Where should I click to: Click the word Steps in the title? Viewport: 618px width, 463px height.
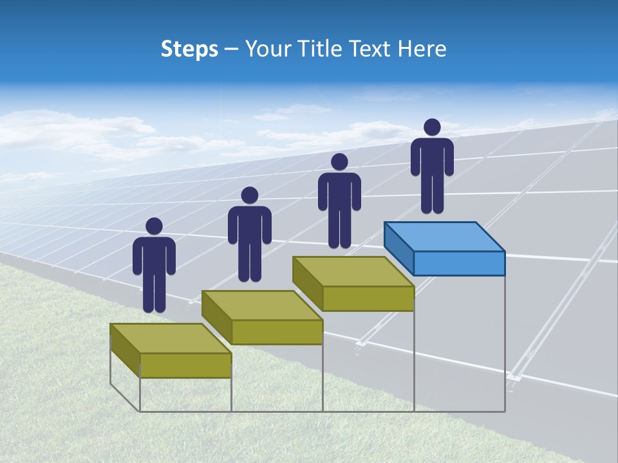[189, 49]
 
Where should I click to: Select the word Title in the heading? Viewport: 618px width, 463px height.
[319, 49]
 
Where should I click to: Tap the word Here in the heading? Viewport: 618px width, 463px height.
[421, 49]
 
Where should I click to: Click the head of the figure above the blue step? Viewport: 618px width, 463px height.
[432, 127]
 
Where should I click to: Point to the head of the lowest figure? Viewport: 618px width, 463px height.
[154, 226]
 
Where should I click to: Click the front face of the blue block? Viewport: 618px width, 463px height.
[459, 263]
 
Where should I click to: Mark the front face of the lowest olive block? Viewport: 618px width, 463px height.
[185, 365]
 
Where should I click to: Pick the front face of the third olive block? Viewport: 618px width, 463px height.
[368, 298]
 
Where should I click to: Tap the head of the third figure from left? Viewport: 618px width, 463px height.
[339, 161]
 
